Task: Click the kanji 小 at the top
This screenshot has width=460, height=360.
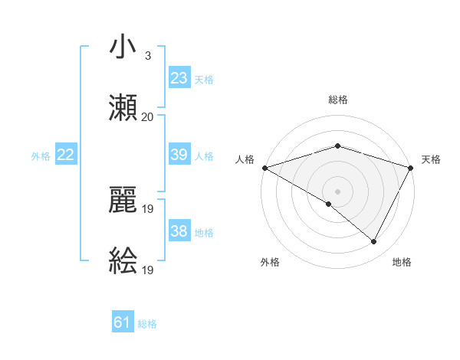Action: [123, 47]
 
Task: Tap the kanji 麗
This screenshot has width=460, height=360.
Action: [123, 201]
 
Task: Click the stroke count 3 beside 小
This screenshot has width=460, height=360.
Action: [147, 56]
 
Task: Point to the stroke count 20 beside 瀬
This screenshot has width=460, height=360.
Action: [147, 117]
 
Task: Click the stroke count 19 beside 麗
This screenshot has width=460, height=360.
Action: [149, 208]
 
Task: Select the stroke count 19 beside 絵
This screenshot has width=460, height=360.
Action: [149, 270]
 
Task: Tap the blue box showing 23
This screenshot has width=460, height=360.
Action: [179, 77]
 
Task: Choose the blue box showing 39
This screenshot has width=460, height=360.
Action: [179, 155]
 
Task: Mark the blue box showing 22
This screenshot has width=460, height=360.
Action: [65, 155]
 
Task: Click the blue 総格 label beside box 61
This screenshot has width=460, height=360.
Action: [147, 324]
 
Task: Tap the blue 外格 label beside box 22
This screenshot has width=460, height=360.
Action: [41, 156]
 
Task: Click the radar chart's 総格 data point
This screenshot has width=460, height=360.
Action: [337, 146]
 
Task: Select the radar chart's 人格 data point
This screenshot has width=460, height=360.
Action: [264, 167]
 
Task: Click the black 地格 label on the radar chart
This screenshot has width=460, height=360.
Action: [402, 262]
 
